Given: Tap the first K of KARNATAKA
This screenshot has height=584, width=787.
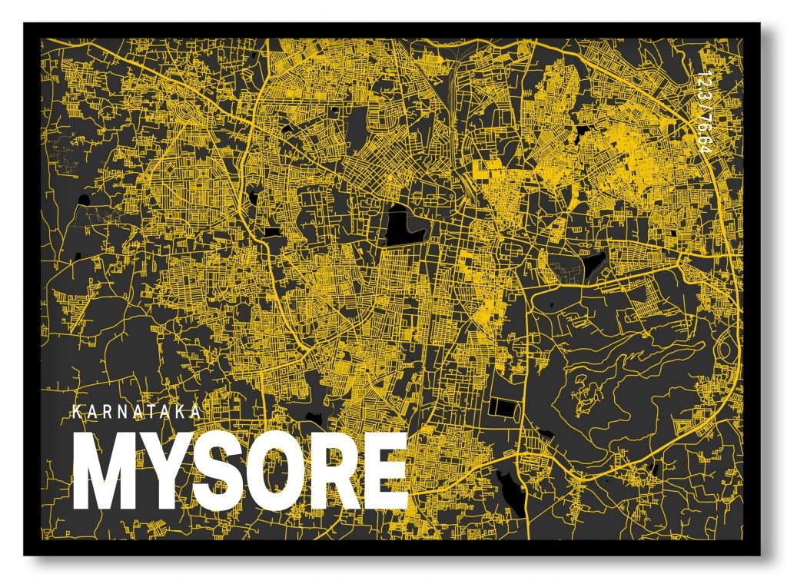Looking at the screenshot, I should click(75, 412).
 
